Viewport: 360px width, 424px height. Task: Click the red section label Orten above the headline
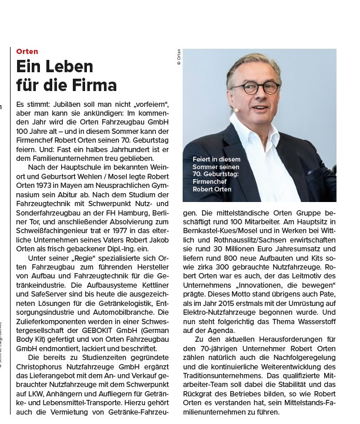point(27,52)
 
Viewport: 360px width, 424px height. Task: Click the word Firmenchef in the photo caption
point(208,181)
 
